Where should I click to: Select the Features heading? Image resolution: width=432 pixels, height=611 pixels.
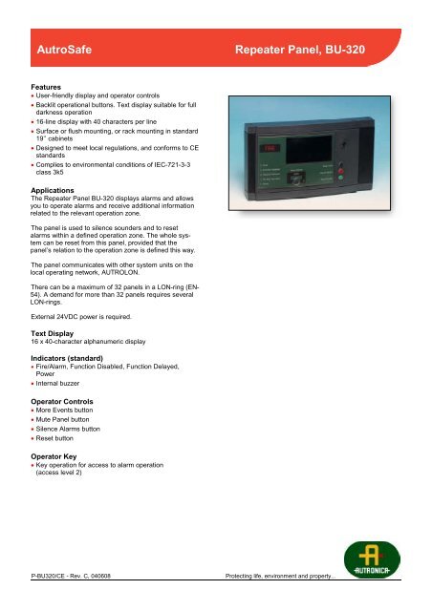[x=51, y=85]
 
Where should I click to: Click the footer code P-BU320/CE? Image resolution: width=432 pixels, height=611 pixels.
[x=57, y=603]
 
